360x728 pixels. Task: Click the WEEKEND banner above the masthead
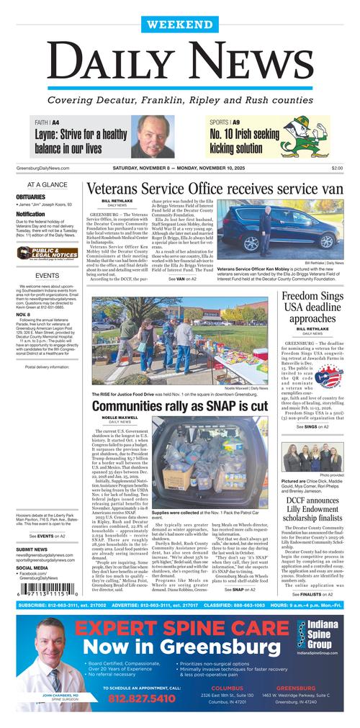pyautogui.click(x=179, y=24)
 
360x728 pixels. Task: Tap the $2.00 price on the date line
pyautogui.click(x=337, y=168)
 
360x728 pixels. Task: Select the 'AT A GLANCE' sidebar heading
pyautogui.click(x=47, y=185)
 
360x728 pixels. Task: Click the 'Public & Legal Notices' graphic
pyautogui.click(x=48, y=253)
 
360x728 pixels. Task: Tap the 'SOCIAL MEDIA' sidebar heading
pyautogui.click(x=32, y=547)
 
